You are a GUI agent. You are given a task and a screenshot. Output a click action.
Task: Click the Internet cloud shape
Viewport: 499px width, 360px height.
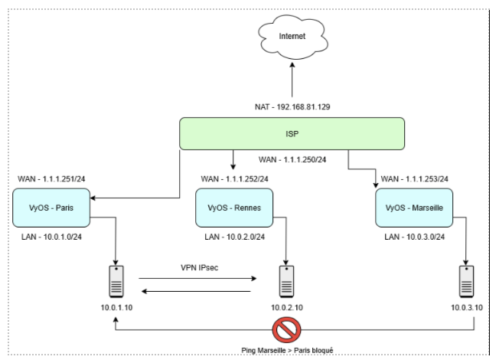coord(290,37)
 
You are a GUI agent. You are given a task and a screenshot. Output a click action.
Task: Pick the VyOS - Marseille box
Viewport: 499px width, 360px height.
coord(414,208)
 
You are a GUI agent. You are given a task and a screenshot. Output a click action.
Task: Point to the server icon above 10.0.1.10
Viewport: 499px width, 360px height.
coord(117,281)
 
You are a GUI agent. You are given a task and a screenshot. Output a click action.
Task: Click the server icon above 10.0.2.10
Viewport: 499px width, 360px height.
coord(286,281)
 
